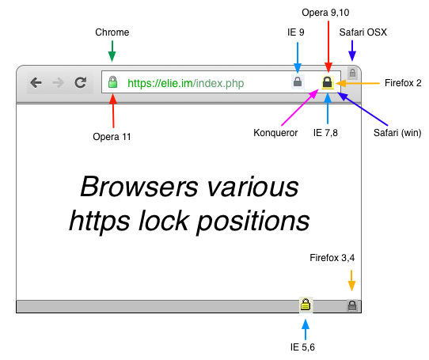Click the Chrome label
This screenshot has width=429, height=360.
coord(112,32)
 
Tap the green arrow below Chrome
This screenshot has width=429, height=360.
coord(112,52)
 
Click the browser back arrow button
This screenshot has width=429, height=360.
coord(36,82)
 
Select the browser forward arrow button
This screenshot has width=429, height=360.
coord(58,82)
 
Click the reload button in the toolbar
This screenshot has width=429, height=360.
coord(80,82)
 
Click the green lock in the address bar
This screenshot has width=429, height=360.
coord(112,82)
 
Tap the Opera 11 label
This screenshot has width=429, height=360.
coord(112,137)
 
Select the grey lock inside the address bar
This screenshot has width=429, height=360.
coord(298,81)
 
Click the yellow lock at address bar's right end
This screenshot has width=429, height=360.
coord(327,82)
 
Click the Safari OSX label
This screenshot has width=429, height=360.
coord(363,32)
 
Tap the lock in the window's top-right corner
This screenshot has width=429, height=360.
coord(352,73)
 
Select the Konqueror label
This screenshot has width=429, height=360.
coord(275,133)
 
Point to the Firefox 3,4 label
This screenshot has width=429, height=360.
coord(332,258)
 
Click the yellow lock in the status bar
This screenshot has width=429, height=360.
coord(305,305)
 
